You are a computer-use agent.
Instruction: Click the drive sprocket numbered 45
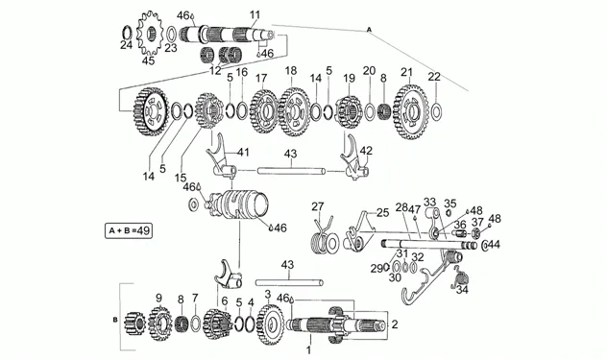click(x=150, y=34)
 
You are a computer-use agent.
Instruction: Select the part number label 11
click(x=255, y=15)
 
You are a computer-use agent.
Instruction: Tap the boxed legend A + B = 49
click(x=129, y=230)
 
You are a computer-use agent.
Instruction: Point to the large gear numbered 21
click(x=410, y=112)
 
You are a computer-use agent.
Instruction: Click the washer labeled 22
click(x=436, y=111)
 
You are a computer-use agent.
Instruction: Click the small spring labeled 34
click(x=461, y=277)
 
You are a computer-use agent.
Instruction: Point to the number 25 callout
click(x=382, y=212)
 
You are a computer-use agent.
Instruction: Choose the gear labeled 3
click(x=270, y=324)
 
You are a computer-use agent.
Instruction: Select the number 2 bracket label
click(x=395, y=324)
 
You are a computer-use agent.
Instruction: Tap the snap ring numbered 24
click(x=128, y=33)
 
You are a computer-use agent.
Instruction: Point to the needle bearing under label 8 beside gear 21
click(x=382, y=111)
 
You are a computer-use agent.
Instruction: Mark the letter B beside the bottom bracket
click(x=114, y=320)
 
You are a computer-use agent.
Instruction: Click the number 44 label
click(x=494, y=245)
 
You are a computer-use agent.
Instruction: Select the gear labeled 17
click(x=265, y=112)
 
